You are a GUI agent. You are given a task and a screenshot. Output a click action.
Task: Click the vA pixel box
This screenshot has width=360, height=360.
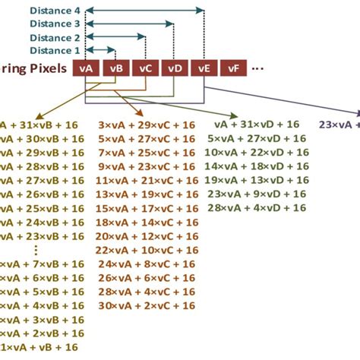(x=86, y=68)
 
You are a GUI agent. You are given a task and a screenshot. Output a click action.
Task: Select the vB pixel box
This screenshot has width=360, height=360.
(x=115, y=68)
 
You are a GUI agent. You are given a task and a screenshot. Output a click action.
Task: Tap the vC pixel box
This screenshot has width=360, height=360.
(x=145, y=68)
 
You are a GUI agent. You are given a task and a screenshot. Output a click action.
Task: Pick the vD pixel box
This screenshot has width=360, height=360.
(x=175, y=68)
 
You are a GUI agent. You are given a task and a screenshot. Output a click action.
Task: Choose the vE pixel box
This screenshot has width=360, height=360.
(x=204, y=68)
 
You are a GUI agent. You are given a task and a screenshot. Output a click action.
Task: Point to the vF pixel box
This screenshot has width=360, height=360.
(x=233, y=68)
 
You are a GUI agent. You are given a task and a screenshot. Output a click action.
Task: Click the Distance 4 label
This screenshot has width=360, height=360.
(x=55, y=11)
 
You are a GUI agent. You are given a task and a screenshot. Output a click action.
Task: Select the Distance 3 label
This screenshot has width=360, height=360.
(x=55, y=24)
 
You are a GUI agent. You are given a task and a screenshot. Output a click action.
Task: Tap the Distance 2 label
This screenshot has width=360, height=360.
(x=55, y=37)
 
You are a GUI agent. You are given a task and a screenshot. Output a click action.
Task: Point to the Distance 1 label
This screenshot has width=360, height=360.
(x=55, y=50)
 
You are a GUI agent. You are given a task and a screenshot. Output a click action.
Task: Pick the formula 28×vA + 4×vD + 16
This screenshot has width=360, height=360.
(x=257, y=207)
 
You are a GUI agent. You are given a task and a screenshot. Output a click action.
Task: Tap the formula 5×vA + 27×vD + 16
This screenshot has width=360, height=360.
(x=257, y=138)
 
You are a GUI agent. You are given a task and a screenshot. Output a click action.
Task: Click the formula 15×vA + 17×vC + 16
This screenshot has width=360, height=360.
(x=146, y=208)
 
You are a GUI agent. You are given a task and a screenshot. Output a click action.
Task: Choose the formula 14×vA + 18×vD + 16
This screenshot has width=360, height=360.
(x=257, y=166)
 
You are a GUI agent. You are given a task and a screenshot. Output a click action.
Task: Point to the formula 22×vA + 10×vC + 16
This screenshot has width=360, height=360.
(x=146, y=249)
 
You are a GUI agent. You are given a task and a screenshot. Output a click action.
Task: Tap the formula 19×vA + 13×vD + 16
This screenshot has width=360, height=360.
(x=257, y=180)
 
